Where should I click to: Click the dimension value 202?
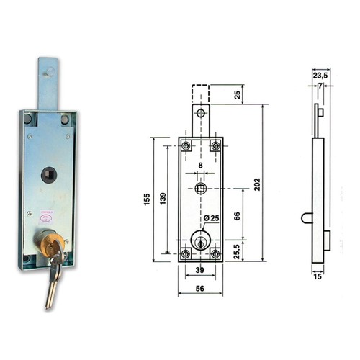(x=257, y=184)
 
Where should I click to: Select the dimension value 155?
(x=146, y=199)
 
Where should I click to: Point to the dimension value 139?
(x=163, y=199)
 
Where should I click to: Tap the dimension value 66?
(x=237, y=216)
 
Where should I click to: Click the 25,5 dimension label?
(x=237, y=251)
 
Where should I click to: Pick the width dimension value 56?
(x=199, y=288)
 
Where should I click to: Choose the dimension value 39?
(x=199, y=270)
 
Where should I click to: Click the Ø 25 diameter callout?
(x=211, y=218)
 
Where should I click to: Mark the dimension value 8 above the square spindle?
(x=200, y=165)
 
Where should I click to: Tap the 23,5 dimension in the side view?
(x=320, y=76)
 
